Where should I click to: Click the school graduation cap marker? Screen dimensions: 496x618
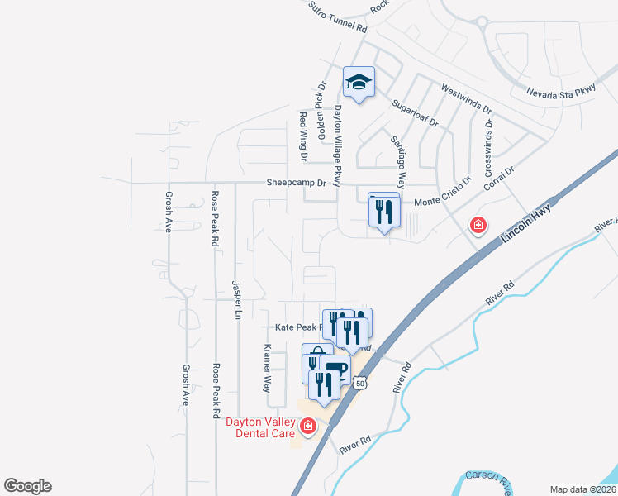coord(359,83)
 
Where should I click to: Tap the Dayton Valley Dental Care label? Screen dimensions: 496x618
coord(260,427)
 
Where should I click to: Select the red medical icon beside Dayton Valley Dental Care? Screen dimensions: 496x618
coord(308,427)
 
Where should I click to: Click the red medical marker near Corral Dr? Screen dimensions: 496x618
coord(477,224)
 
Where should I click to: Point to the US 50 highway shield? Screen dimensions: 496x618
coord(359,382)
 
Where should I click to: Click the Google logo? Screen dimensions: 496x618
coord(27,486)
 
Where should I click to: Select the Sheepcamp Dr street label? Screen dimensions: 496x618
coord(297,183)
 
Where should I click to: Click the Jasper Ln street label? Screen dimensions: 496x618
coord(235,299)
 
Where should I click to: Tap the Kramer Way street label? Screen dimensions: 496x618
coord(267,368)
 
